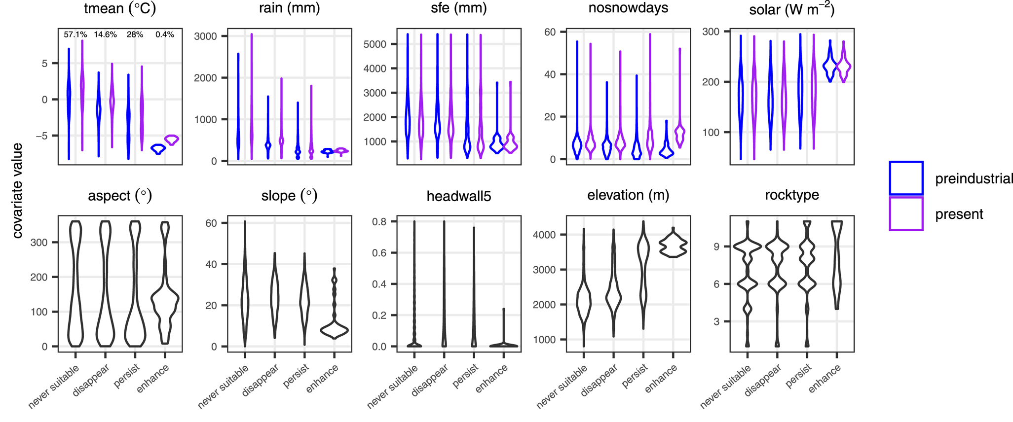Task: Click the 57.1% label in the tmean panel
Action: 75,35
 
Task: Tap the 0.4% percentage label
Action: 165,35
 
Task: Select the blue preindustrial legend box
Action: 906,178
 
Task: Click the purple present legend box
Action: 906,214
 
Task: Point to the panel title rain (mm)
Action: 289,8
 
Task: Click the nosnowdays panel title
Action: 628,8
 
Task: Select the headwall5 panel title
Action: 459,196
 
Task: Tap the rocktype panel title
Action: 792,195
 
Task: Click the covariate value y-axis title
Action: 18,190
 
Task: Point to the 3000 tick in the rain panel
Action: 205,36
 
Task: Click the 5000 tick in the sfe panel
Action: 375,44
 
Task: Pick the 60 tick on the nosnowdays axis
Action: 550,32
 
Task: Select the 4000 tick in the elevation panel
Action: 544,235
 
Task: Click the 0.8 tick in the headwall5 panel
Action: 379,222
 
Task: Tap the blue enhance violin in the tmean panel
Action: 158,149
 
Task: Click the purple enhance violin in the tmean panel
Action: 172,140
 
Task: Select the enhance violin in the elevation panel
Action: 674,245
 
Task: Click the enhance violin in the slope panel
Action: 335,329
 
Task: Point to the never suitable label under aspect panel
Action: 54,387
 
